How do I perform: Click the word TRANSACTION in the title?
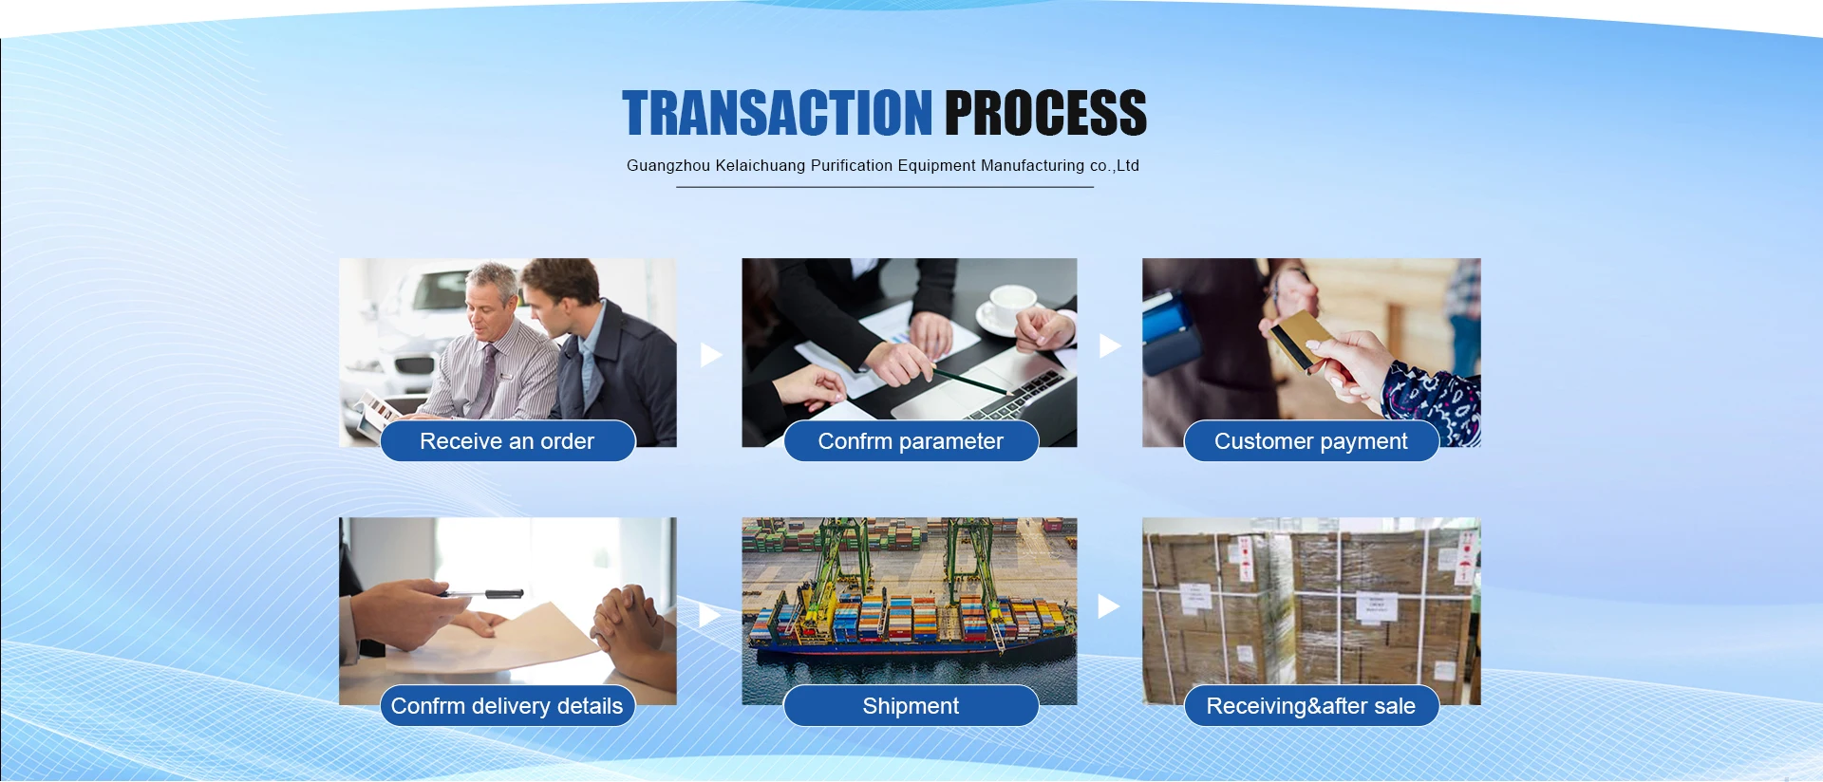778,113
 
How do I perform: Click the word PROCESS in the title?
1045,113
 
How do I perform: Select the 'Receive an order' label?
507,441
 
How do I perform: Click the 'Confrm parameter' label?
911,441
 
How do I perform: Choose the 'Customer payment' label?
1311,441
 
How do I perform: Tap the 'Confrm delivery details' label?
507,706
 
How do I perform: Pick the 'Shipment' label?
911,706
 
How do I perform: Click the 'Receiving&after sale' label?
1311,706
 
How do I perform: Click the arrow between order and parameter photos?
710,355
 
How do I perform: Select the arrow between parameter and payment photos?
1109,346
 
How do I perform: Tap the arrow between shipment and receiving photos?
1108,606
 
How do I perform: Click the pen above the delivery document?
480,594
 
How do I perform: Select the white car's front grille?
414,365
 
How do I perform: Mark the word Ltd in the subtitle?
1127,166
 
